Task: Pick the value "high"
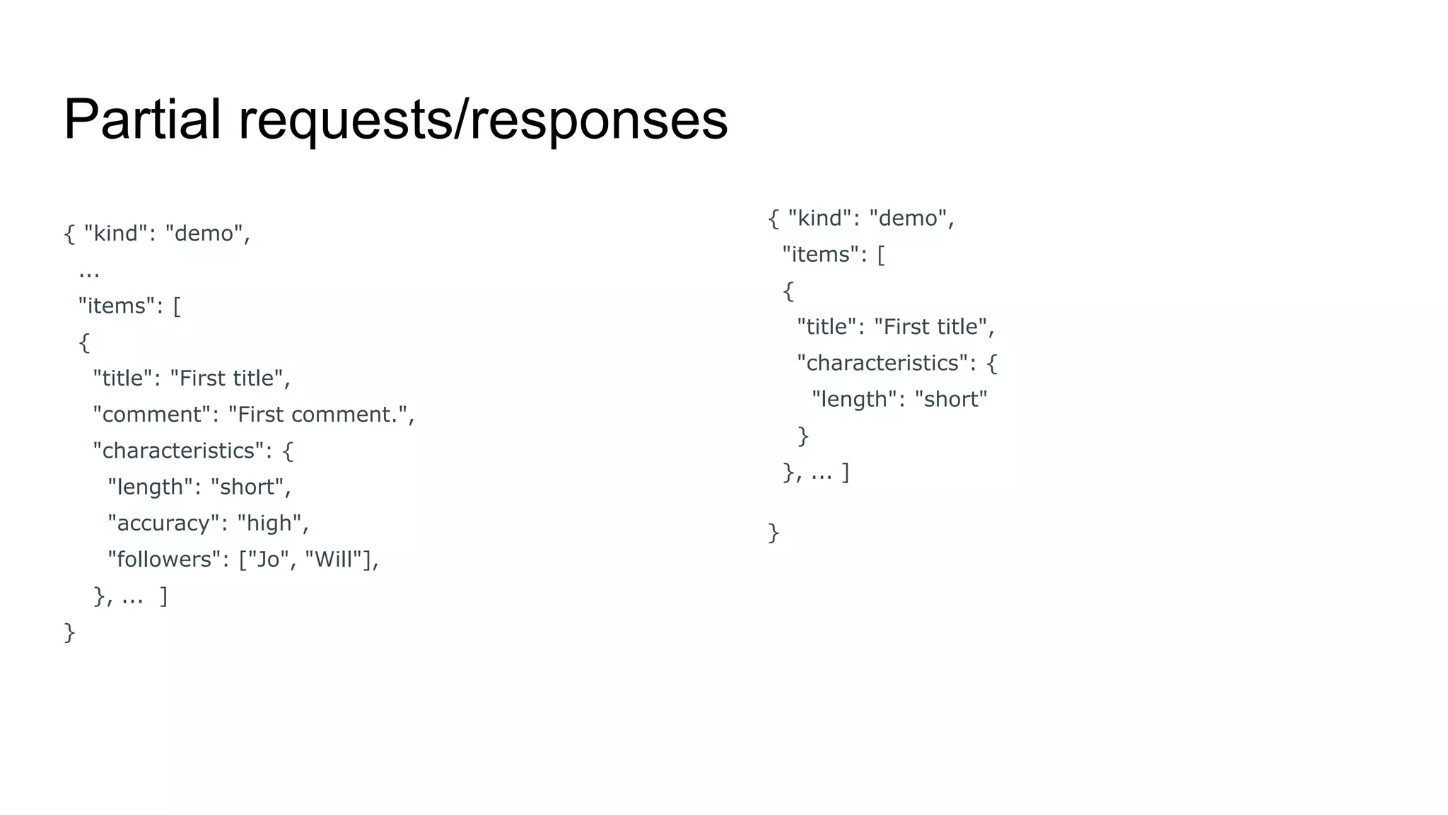tap(269, 524)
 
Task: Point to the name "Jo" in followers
tap(268, 560)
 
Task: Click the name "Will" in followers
tap(333, 560)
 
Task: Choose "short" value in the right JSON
tap(950, 400)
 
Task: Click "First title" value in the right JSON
tap(931, 327)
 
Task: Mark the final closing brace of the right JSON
tap(773, 532)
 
